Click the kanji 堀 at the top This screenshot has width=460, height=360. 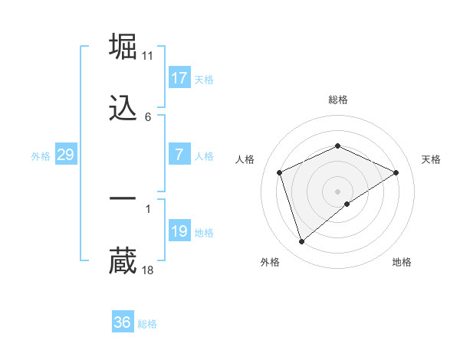[123, 47]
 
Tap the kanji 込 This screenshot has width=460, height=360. [123, 108]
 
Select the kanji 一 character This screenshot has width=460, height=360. [123, 198]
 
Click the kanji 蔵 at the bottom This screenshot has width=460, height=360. [123, 260]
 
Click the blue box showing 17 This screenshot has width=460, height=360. [179, 78]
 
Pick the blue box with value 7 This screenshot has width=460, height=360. [179, 155]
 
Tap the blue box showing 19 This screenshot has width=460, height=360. [179, 231]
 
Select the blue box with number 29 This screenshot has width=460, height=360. [66, 155]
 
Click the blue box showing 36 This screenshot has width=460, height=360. [123, 322]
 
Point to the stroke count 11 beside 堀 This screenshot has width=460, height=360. [148, 56]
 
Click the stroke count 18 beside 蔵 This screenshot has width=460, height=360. [148, 270]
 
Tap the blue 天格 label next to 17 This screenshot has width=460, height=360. [203, 80]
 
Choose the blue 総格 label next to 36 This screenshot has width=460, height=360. [147, 324]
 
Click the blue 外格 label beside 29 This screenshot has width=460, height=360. [41, 156]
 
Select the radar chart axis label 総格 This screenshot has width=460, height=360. [337, 100]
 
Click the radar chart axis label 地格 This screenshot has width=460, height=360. [402, 263]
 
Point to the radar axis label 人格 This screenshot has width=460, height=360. [245, 159]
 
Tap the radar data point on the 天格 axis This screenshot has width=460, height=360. [396, 172]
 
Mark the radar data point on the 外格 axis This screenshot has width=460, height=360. [301, 242]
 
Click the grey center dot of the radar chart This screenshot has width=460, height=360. [337, 191]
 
